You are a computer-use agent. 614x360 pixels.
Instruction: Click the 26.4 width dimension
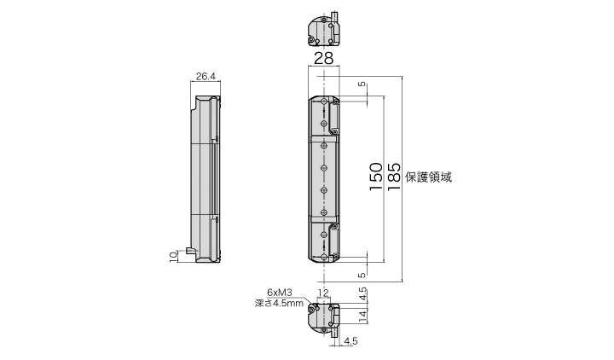206,76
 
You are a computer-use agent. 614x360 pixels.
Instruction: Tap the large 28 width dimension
324,58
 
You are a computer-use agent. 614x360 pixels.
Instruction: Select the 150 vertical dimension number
375,177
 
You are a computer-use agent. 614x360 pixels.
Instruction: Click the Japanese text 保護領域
428,177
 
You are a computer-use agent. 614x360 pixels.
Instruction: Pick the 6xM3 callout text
280,293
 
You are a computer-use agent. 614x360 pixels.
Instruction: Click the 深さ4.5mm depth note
279,303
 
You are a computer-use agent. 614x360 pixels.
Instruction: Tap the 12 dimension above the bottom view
323,293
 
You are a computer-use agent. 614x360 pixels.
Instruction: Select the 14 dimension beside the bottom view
363,316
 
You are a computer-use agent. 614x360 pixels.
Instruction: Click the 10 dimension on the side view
173,257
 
